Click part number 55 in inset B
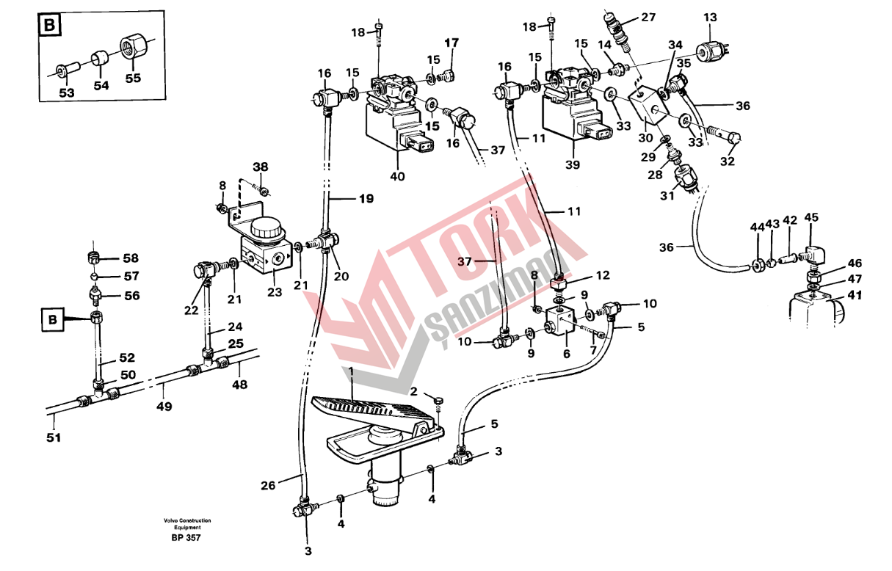click(x=133, y=78)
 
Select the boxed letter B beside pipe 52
click(x=52, y=321)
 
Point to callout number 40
click(x=397, y=176)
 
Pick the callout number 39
click(x=573, y=164)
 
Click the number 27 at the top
click(x=648, y=18)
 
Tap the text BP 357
click(x=186, y=538)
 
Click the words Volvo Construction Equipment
click(x=186, y=523)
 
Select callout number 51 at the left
click(x=54, y=437)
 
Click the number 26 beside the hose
click(x=268, y=485)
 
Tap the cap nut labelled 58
click(x=93, y=259)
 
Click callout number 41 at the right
click(x=855, y=296)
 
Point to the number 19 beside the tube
click(x=366, y=198)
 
